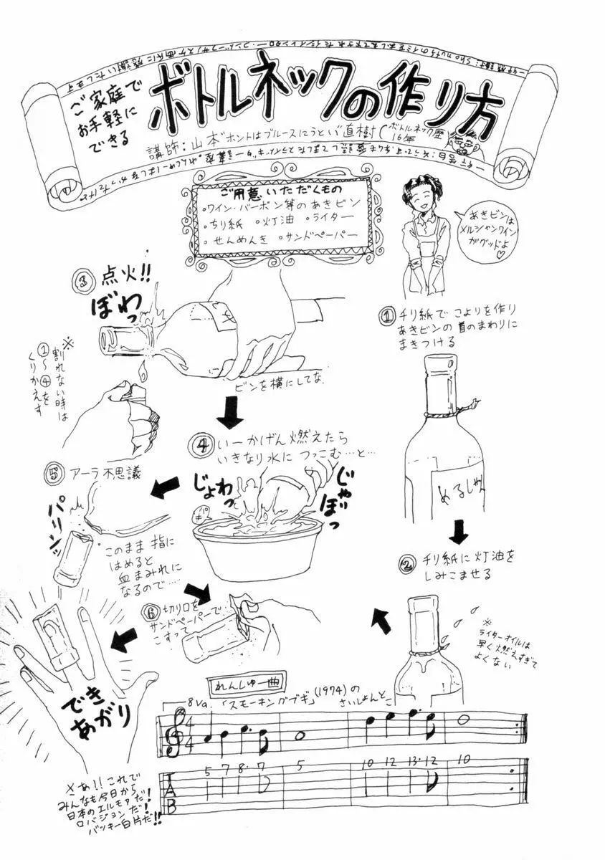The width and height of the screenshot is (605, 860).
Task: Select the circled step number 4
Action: (x=199, y=444)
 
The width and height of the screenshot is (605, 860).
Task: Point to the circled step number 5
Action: (x=50, y=474)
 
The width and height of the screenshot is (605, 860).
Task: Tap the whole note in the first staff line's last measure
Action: (x=464, y=720)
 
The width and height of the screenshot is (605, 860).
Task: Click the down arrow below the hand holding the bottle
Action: (x=229, y=416)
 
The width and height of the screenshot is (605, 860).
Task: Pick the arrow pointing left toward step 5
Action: (x=164, y=489)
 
